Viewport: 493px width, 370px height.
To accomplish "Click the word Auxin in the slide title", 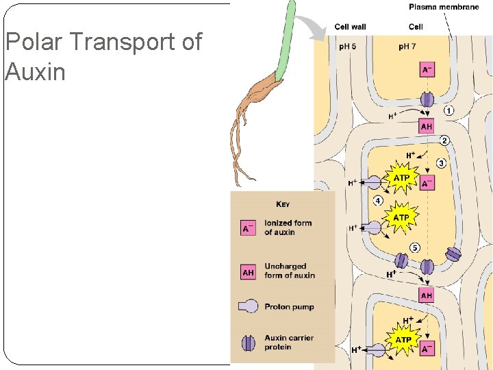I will pos(35,71).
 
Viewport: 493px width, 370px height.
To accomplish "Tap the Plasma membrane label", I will pos(443,8).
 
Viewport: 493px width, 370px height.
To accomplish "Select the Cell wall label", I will pos(350,27).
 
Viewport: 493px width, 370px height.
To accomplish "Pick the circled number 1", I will pos(448,110).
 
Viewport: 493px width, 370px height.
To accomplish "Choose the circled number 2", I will pos(444,141).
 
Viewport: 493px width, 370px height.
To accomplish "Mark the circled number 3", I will pos(442,163).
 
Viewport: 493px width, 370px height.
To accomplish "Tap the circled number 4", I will pos(377,201).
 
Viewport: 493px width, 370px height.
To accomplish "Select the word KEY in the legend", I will pos(282,204).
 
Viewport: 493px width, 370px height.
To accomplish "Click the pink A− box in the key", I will pos(248,227).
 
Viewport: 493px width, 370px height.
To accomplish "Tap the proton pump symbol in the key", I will pos(247,307).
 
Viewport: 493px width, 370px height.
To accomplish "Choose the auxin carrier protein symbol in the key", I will pos(248,342).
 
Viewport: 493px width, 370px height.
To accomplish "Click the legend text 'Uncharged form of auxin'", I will pos(290,271).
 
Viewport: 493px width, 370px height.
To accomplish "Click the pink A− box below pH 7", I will pos(427,71).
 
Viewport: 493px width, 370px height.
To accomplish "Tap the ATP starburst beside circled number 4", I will pos(401,217).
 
